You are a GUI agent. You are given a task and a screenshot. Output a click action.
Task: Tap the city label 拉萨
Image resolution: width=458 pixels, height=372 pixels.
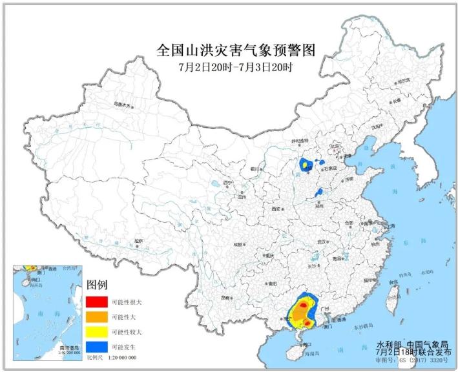click(x=138, y=241)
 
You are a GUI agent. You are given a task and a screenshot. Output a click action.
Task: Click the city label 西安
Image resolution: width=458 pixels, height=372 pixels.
click(x=276, y=209)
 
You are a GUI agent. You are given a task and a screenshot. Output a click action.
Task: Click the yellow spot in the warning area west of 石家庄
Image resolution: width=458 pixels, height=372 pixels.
click(x=304, y=165)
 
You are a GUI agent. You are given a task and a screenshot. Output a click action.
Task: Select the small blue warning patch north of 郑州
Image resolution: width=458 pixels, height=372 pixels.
click(x=318, y=192)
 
